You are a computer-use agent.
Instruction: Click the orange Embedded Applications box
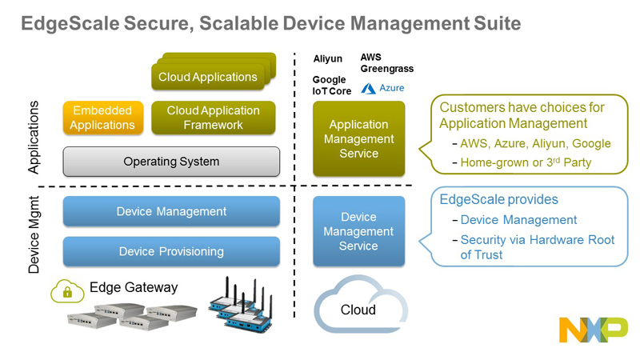click(102, 118)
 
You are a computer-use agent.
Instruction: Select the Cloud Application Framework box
click(213, 118)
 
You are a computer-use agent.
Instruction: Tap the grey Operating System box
click(171, 162)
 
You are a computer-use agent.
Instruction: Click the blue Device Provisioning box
click(171, 251)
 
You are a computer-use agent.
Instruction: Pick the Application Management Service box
click(358, 138)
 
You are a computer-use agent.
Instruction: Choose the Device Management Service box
click(358, 231)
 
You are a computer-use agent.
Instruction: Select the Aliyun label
click(327, 58)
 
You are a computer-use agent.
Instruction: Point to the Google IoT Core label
click(330, 86)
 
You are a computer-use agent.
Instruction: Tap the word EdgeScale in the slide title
click(70, 24)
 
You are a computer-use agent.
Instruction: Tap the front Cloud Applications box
click(208, 78)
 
